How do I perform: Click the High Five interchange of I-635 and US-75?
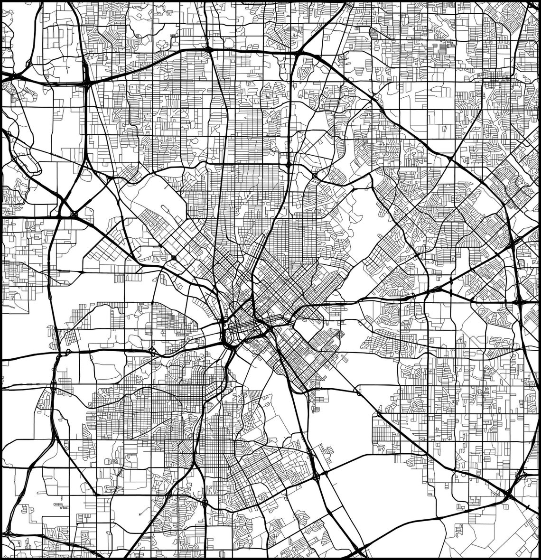pyautogui.click(x=299, y=53)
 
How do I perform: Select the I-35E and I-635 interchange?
pyautogui.click(x=87, y=82)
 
